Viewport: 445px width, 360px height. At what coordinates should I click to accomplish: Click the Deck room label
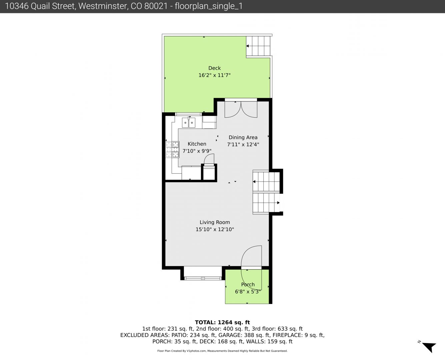214,68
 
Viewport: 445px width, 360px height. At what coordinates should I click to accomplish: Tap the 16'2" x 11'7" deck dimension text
214,75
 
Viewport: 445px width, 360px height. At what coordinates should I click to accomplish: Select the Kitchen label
197,144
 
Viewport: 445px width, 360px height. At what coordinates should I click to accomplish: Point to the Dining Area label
243,137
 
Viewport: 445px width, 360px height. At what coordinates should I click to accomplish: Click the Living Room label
215,222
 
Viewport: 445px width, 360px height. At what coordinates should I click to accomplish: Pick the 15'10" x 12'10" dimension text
215,229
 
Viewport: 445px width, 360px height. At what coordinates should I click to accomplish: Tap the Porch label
248,285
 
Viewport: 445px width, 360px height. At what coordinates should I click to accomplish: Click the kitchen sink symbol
189,122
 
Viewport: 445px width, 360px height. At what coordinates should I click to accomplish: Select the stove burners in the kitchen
172,149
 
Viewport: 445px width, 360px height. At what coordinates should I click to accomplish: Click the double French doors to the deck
241,109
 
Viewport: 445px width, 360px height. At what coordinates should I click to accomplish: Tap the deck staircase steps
258,46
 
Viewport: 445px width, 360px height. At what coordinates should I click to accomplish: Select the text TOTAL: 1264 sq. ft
222,322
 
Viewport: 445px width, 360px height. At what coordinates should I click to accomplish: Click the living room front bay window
203,278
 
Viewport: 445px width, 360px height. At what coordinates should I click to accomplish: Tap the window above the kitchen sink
188,114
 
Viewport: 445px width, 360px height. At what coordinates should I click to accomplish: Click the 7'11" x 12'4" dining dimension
243,145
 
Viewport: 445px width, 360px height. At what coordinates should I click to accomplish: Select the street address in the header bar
86,6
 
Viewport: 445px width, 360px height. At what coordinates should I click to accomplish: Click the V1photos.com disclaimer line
222,351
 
